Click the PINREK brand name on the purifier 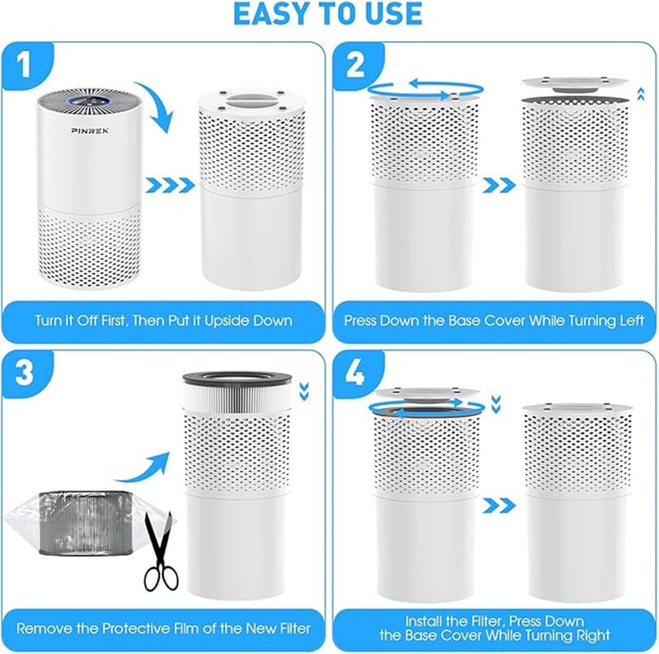(x=90, y=131)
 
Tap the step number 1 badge (x=25, y=65)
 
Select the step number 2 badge (x=355, y=65)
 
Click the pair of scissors (x=161, y=551)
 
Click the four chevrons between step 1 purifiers (x=170, y=186)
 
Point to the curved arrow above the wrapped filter (x=143, y=467)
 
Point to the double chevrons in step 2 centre (x=499, y=186)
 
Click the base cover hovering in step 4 (x=428, y=393)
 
